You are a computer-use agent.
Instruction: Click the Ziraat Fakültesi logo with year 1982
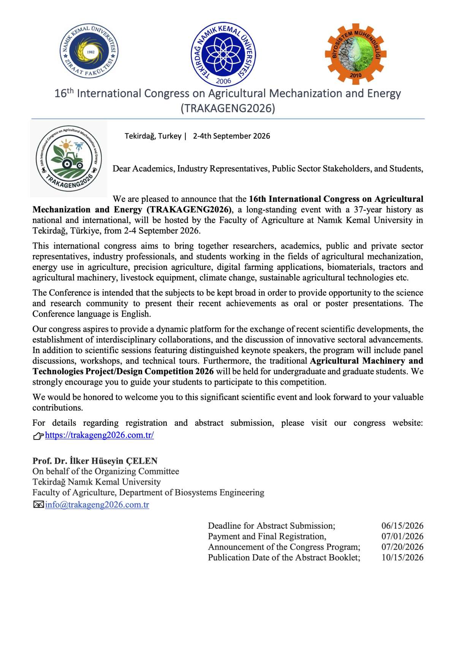(90, 51)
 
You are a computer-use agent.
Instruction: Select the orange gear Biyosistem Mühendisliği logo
(356, 54)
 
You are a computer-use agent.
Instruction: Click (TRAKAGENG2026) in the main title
(228, 108)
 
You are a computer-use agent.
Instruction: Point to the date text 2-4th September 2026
(231, 136)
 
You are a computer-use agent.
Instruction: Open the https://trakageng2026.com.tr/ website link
(99, 435)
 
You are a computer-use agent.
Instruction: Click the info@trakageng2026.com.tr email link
(97, 505)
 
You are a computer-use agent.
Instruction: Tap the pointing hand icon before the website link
(38, 436)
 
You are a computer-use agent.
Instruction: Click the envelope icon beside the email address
(38, 505)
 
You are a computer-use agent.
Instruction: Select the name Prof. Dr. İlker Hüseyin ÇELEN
(95, 461)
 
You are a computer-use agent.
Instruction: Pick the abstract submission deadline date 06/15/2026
(402, 526)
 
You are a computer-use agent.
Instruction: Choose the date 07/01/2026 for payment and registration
(402, 537)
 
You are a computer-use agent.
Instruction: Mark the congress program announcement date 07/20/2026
(402, 547)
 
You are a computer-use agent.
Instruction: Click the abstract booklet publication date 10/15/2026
(402, 558)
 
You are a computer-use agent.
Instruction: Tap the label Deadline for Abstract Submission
(271, 526)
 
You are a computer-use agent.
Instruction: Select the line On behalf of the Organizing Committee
(106, 472)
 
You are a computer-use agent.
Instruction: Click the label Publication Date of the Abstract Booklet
(284, 558)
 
